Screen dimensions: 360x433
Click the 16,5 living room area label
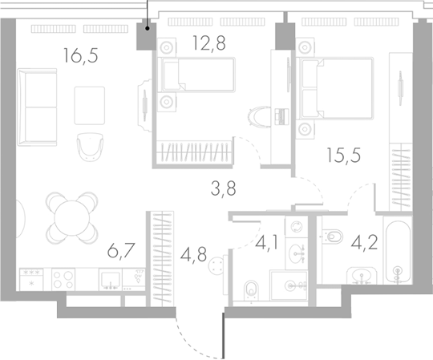(x=82, y=55)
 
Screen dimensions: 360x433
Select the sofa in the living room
(x=38, y=105)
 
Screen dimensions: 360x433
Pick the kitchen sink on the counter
(x=112, y=278)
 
